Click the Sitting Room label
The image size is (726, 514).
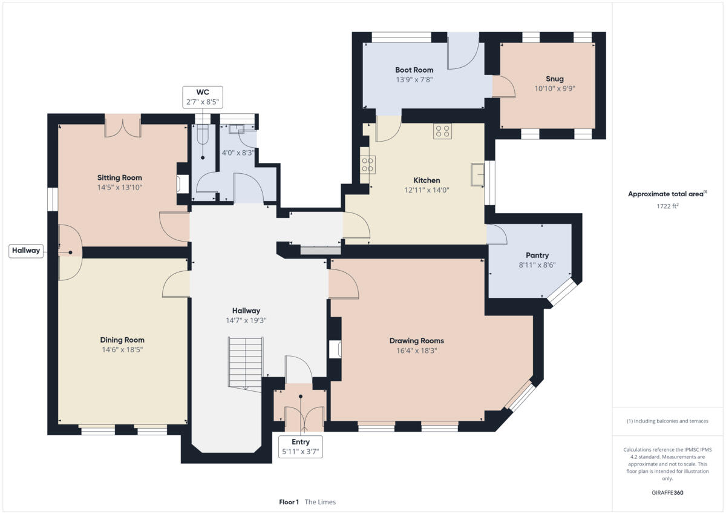119,178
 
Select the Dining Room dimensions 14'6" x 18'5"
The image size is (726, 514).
122,349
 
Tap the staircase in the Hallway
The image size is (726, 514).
246,363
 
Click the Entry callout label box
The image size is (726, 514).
301,447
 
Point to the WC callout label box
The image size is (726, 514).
202,97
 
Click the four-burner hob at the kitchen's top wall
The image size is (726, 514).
442,131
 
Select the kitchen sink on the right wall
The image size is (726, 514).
478,175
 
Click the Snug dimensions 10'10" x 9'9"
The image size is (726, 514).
554,88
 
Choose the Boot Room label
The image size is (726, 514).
414,70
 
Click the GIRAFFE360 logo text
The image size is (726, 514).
667,493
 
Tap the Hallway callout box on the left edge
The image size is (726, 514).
26,251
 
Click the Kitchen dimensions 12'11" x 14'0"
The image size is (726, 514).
427,189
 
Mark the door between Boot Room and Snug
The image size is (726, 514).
502,87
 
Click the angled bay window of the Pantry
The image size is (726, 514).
561,292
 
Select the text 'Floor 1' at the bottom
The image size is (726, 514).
289,502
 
